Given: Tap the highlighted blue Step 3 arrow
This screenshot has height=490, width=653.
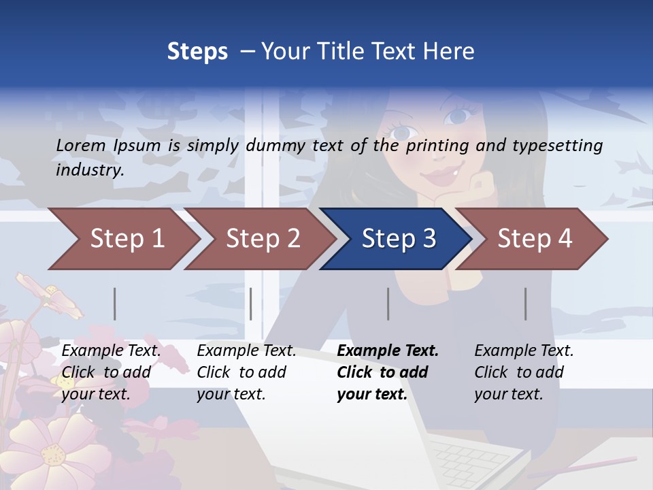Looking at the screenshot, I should pos(397,239).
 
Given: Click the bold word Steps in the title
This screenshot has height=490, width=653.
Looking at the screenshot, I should pos(197,52).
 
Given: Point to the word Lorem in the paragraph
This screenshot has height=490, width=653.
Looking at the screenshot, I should pos(80,145).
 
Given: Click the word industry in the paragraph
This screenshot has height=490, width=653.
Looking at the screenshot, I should pos(90,170).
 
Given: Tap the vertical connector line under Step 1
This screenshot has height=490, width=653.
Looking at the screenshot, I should pos(115,304).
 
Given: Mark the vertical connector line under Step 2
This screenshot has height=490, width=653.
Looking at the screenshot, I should pos(251,304).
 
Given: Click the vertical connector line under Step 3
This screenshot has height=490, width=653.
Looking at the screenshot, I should pos(388,304).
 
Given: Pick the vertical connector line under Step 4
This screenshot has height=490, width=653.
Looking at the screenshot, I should pos(526,304).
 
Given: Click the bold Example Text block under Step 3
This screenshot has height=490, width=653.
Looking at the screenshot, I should pos(388,372).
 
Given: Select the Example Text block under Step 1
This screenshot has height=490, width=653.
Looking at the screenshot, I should pos(111,372).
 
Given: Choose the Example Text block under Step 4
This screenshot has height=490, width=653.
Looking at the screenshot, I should pos(524,372).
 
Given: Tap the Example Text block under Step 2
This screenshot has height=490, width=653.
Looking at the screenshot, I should pos(246,372).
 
